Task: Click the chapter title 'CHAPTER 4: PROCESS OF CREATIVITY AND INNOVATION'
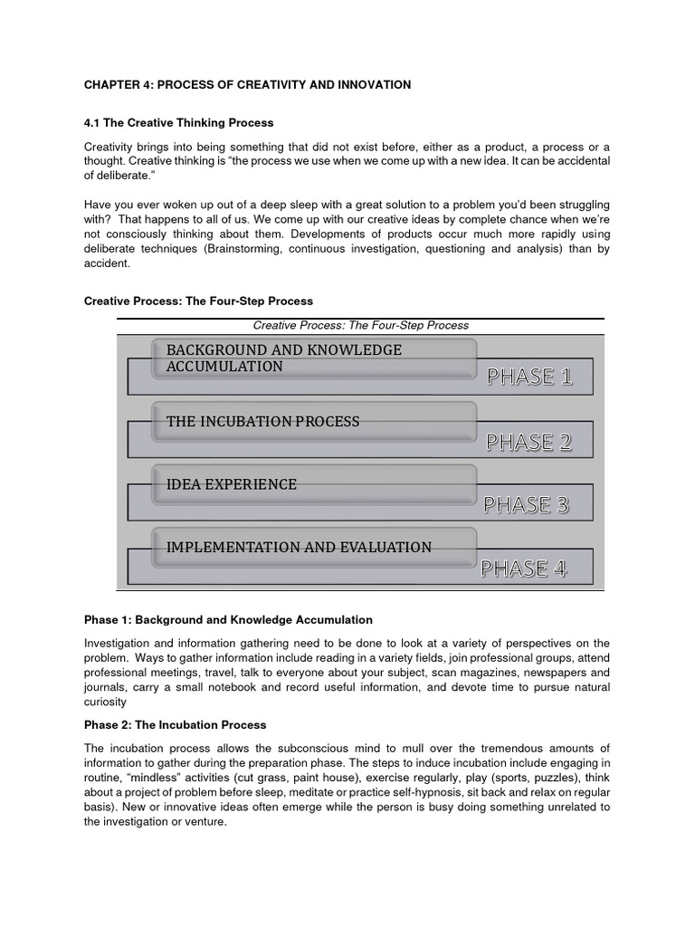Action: pyautogui.click(x=247, y=85)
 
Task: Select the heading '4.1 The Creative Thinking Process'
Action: pyautogui.click(x=178, y=122)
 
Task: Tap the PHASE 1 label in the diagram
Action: pyautogui.click(x=529, y=377)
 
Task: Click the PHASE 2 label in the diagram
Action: pyautogui.click(x=528, y=442)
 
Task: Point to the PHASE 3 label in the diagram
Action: pyautogui.click(x=526, y=504)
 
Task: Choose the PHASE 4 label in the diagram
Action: pyautogui.click(x=523, y=569)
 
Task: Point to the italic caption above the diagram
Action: pyautogui.click(x=360, y=325)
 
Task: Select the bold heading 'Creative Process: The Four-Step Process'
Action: pyautogui.click(x=198, y=301)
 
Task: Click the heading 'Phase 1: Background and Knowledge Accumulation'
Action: pyautogui.click(x=228, y=620)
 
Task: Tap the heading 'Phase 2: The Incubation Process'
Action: pyautogui.click(x=175, y=725)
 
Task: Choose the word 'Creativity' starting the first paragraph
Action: pyautogui.click(x=109, y=147)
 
